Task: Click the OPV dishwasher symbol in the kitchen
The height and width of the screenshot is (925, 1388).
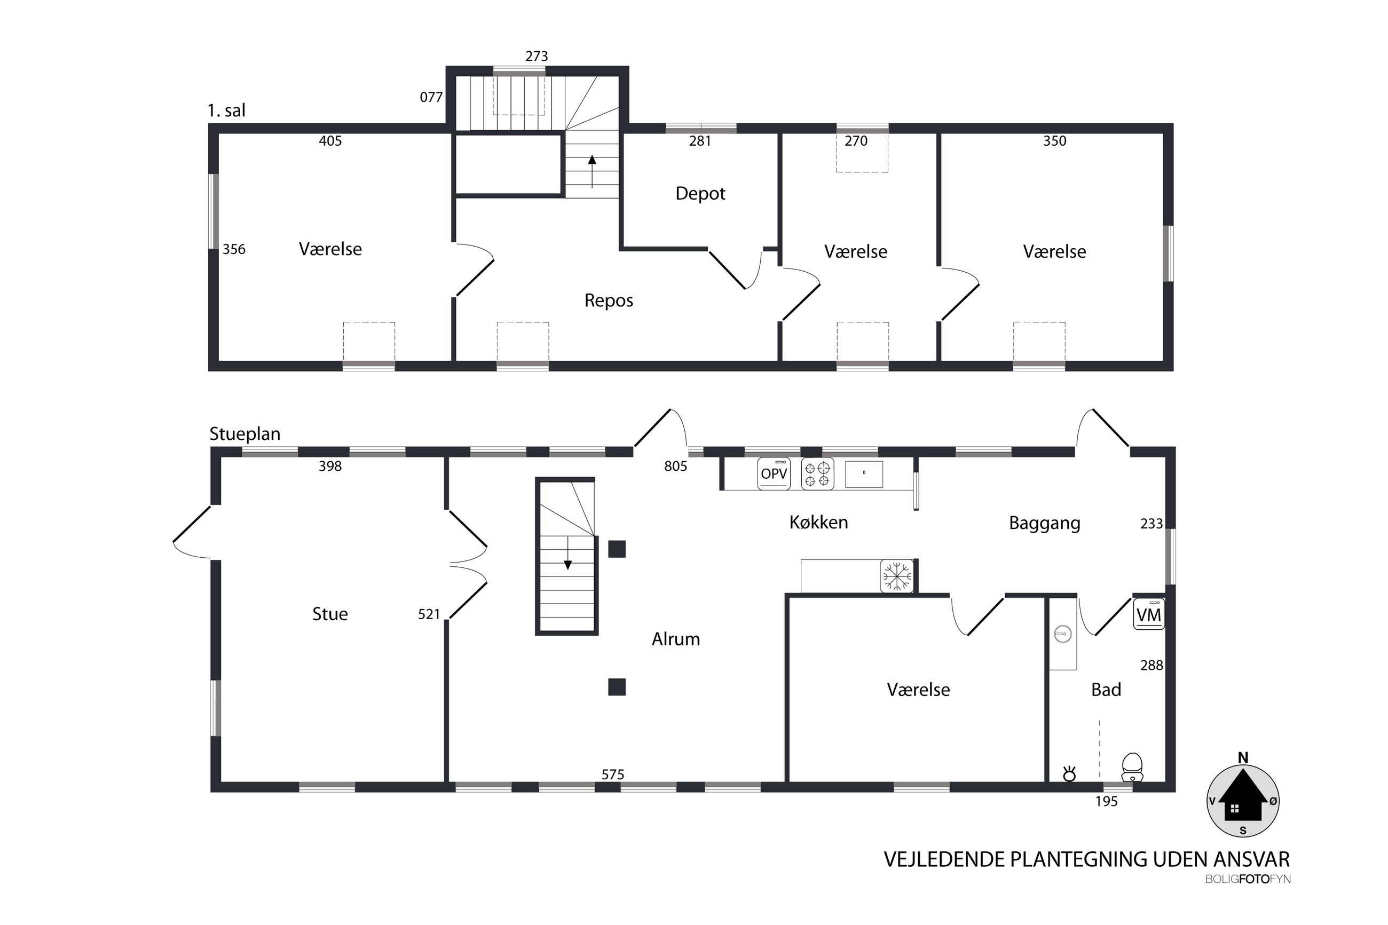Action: (774, 473)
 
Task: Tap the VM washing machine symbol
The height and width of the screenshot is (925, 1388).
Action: (1148, 614)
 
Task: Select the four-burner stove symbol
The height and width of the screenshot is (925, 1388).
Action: (817, 473)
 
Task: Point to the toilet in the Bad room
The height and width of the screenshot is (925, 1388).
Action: (1131, 768)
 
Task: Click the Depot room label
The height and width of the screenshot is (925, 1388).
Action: (700, 194)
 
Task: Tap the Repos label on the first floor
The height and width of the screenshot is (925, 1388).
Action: (609, 301)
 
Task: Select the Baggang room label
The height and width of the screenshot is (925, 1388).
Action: (1045, 523)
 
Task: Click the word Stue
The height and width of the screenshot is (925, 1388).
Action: (330, 614)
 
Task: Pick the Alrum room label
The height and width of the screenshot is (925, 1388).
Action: (675, 639)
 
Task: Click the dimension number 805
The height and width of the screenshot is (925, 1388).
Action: (675, 466)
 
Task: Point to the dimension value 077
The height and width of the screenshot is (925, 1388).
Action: (431, 97)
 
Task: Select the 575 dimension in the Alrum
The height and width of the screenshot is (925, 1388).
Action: (613, 774)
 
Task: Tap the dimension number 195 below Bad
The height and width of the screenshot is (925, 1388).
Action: (1107, 801)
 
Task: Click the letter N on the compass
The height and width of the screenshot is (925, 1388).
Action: (1243, 758)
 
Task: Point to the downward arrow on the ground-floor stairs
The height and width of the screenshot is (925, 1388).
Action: (567, 554)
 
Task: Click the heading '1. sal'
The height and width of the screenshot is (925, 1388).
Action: (226, 110)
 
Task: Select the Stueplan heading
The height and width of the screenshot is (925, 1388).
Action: (245, 434)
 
